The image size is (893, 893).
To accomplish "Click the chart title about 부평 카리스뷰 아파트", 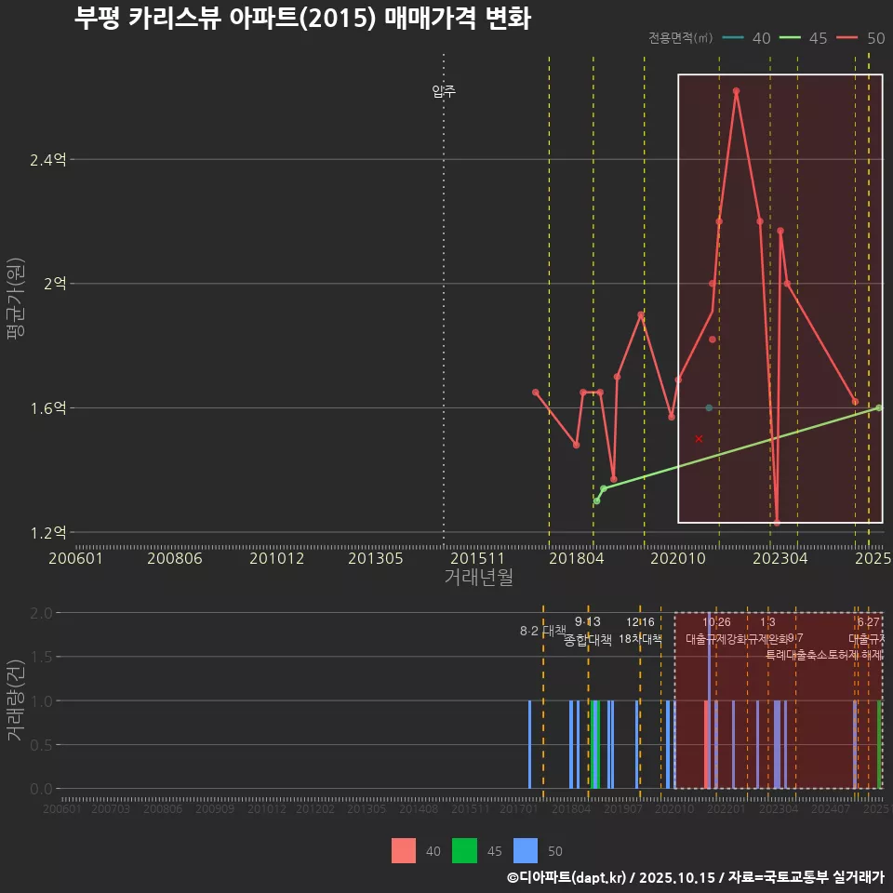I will pyautogui.click(x=302, y=19).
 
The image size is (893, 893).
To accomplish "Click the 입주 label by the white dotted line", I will pyautogui.click(x=444, y=91).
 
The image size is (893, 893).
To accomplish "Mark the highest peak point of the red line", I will pyautogui.click(x=736, y=91).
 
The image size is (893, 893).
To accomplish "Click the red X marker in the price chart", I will pyautogui.click(x=699, y=438).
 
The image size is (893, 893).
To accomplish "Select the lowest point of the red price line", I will pyautogui.click(x=777, y=523).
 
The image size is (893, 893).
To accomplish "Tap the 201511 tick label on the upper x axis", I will pyautogui.click(x=476, y=558).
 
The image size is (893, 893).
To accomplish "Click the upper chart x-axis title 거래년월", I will pyautogui.click(x=478, y=578).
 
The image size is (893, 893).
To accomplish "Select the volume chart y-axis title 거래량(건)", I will pyautogui.click(x=15, y=700).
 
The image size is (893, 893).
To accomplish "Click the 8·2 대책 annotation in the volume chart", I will pyautogui.click(x=542, y=631).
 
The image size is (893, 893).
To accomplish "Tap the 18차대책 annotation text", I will pyautogui.click(x=640, y=639).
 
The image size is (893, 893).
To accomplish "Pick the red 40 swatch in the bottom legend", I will pyautogui.click(x=404, y=850).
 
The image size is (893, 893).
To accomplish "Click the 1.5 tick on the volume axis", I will pyautogui.click(x=42, y=657).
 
